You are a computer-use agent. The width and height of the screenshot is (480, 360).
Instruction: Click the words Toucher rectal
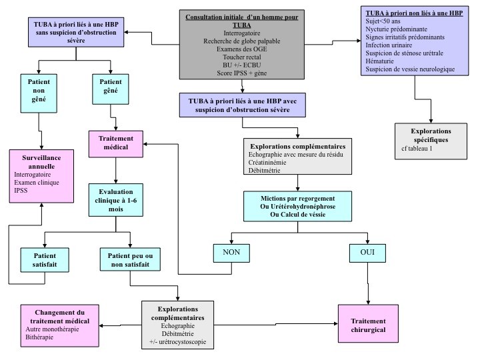[233, 58]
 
